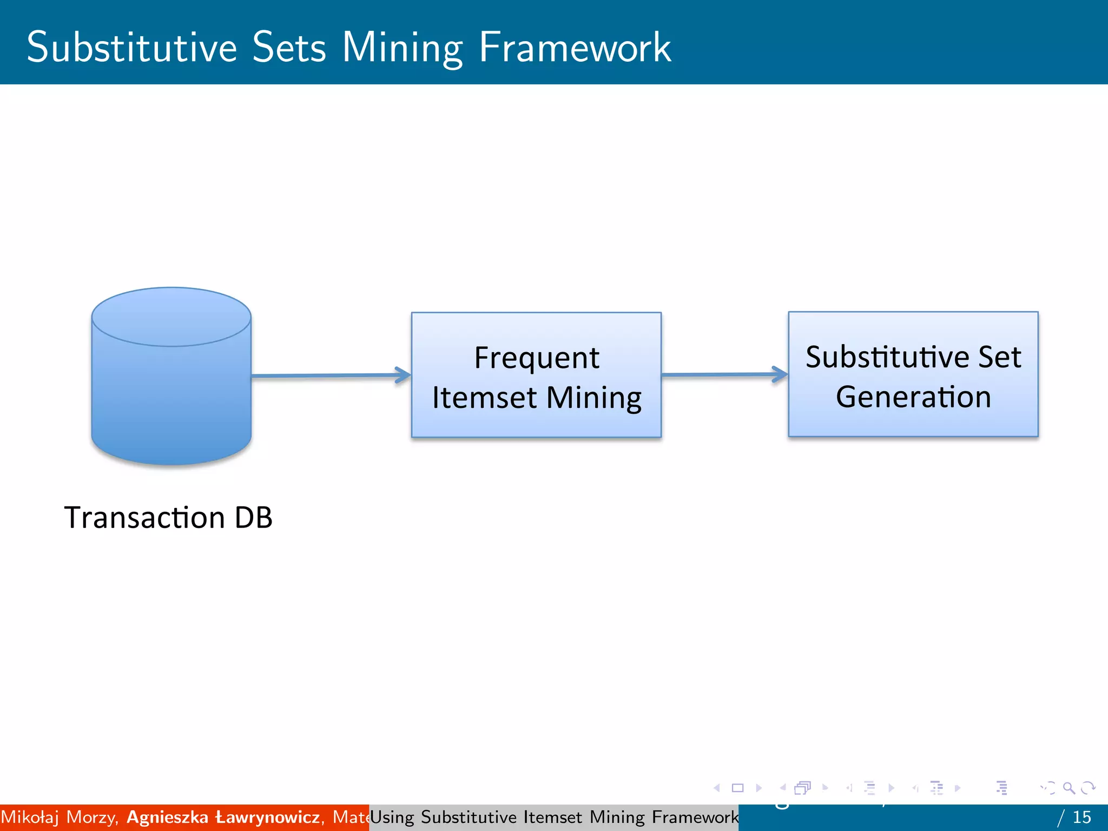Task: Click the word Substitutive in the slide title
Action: (x=132, y=48)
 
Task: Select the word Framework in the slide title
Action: (x=575, y=48)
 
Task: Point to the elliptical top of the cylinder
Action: (x=171, y=316)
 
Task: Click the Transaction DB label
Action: (x=168, y=518)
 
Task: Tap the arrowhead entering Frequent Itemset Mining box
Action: (x=403, y=375)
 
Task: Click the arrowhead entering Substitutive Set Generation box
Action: (x=780, y=374)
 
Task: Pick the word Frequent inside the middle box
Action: (x=536, y=358)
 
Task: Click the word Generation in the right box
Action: (x=913, y=397)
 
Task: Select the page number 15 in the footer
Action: (x=1081, y=817)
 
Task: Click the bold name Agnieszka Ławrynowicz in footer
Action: (x=223, y=817)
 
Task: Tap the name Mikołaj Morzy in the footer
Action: (x=59, y=817)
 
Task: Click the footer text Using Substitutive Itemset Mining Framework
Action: (x=554, y=817)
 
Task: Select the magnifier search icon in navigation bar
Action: (x=1069, y=788)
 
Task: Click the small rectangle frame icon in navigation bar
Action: (x=737, y=788)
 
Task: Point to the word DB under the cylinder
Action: (x=253, y=518)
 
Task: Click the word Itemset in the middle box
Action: (x=484, y=398)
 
